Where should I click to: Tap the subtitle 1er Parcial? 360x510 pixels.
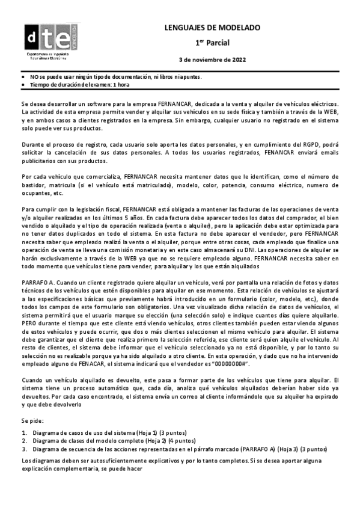tap(212, 43)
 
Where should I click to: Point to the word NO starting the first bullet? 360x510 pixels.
tap(34, 77)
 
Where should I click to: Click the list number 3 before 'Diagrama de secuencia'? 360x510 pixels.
tap(23, 449)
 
